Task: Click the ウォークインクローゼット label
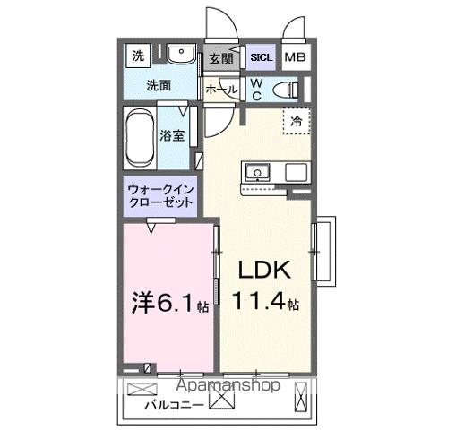click(x=160, y=196)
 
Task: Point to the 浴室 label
click(x=172, y=136)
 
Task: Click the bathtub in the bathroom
click(x=140, y=137)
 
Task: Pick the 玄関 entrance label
click(x=220, y=59)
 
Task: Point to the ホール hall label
click(x=221, y=90)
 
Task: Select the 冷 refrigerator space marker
click(x=294, y=120)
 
